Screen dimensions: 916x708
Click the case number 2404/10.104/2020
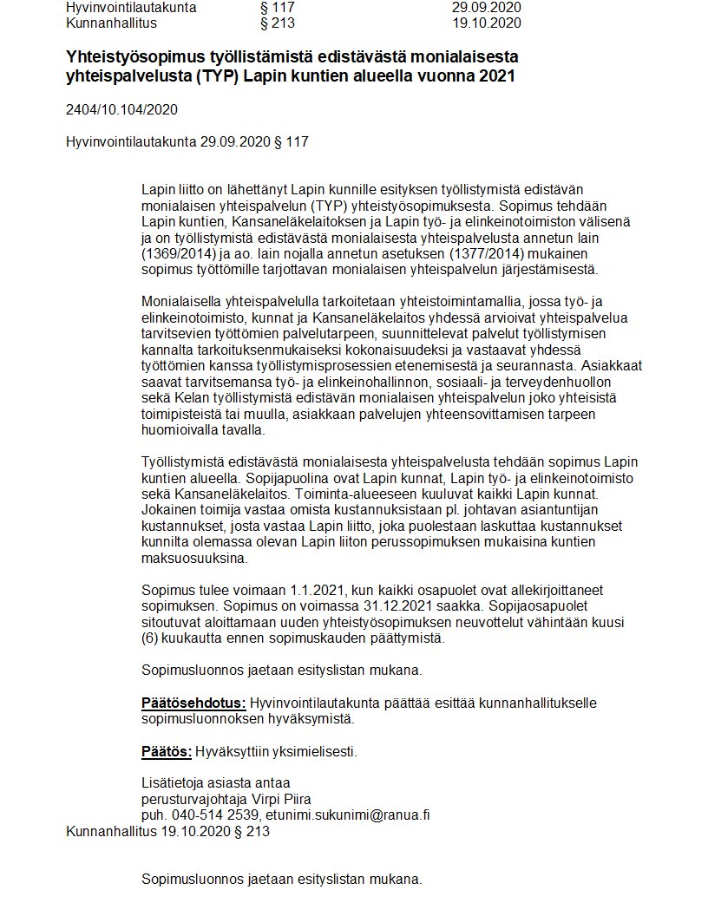(x=121, y=109)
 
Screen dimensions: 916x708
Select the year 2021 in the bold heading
(x=495, y=76)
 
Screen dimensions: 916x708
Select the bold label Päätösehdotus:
(x=193, y=703)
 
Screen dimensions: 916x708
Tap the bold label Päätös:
(x=167, y=750)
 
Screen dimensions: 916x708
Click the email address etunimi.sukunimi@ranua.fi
(x=348, y=815)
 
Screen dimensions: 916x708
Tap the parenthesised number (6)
(x=150, y=638)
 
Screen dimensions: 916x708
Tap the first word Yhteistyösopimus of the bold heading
(x=139, y=56)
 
